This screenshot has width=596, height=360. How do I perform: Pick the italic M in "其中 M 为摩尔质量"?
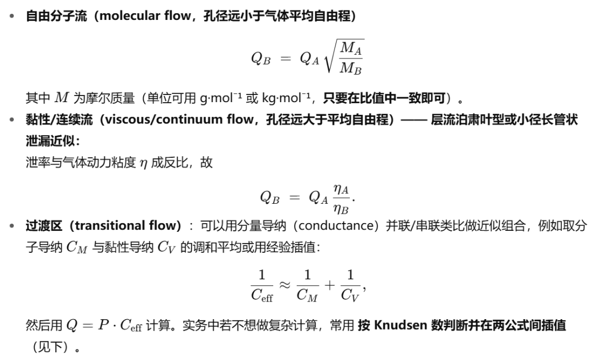click(x=61, y=98)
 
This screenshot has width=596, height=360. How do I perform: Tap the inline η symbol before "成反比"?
click(x=143, y=163)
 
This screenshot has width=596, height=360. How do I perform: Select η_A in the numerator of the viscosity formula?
click(x=340, y=189)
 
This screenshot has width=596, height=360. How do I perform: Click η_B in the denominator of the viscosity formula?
click(x=340, y=208)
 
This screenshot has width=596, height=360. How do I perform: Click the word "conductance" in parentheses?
click(x=337, y=225)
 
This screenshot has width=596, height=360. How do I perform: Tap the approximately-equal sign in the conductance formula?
click(x=285, y=285)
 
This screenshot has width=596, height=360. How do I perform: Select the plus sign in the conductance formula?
click(x=329, y=285)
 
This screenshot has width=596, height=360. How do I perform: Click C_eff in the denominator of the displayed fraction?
click(x=262, y=295)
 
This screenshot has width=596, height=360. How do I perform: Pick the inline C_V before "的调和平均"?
click(x=166, y=247)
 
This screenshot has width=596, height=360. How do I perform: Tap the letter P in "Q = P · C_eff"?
click(x=103, y=325)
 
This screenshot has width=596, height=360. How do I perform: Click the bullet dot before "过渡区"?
click(x=12, y=226)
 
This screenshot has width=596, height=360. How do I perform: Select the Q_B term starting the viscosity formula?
click(x=269, y=197)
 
